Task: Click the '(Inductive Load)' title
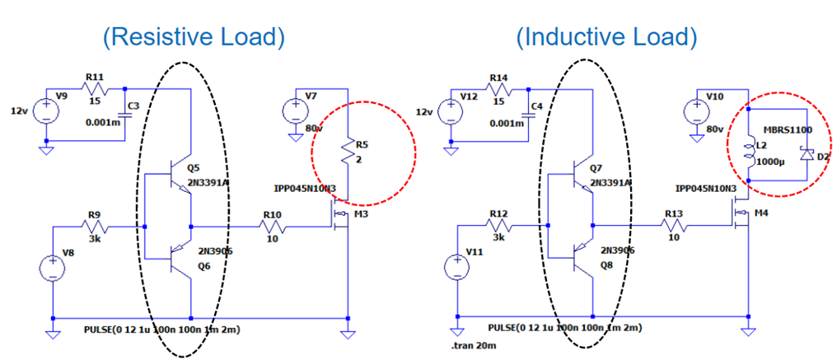[x=606, y=37]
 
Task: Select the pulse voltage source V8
[x=52, y=269]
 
